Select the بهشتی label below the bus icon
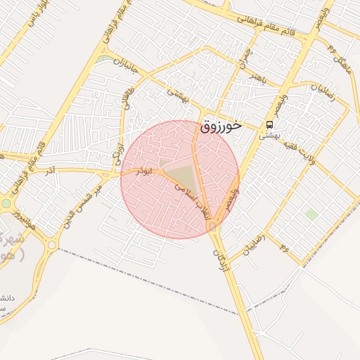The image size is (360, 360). (270, 135)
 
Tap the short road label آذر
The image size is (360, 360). (49, 172)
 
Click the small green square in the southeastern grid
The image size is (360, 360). (311, 214)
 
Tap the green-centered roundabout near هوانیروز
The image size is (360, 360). (6, 203)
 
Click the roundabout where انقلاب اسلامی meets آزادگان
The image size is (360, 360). (212, 226)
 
